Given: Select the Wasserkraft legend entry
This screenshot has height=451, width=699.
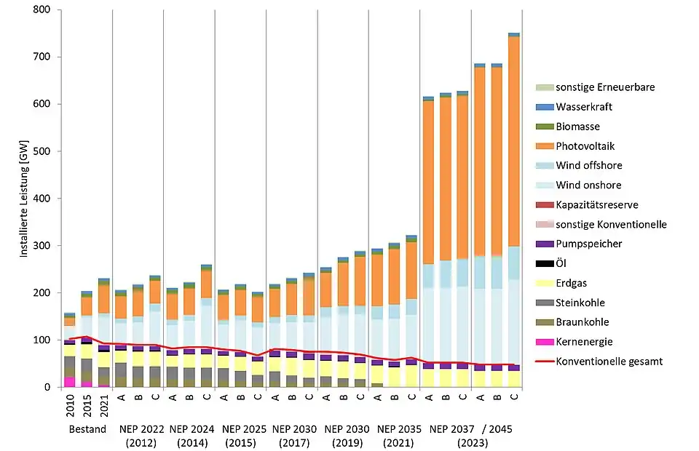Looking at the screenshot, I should pyautogui.click(x=583, y=107).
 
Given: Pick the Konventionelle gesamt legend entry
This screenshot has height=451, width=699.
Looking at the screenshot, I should pyautogui.click(x=609, y=362).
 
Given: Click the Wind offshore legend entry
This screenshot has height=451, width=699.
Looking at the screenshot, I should pyautogui.click(x=588, y=166).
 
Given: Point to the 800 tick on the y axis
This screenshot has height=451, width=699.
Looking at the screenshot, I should pyautogui.click(x=45, y=10).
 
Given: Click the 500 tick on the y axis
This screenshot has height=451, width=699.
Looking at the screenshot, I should pyautogui.click(x=45, y=151).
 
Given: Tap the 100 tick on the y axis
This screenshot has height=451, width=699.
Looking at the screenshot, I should pyautogui.click(x=45, y=340).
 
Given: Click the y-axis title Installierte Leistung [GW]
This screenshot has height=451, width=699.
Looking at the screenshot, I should pyautogui.click(x=24, y=199).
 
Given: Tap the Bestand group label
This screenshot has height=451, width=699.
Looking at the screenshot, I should pyautogui.click(x=87, y=429).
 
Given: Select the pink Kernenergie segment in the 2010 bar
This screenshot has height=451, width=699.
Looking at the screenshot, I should pyautogui.click(x=70, y=382).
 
